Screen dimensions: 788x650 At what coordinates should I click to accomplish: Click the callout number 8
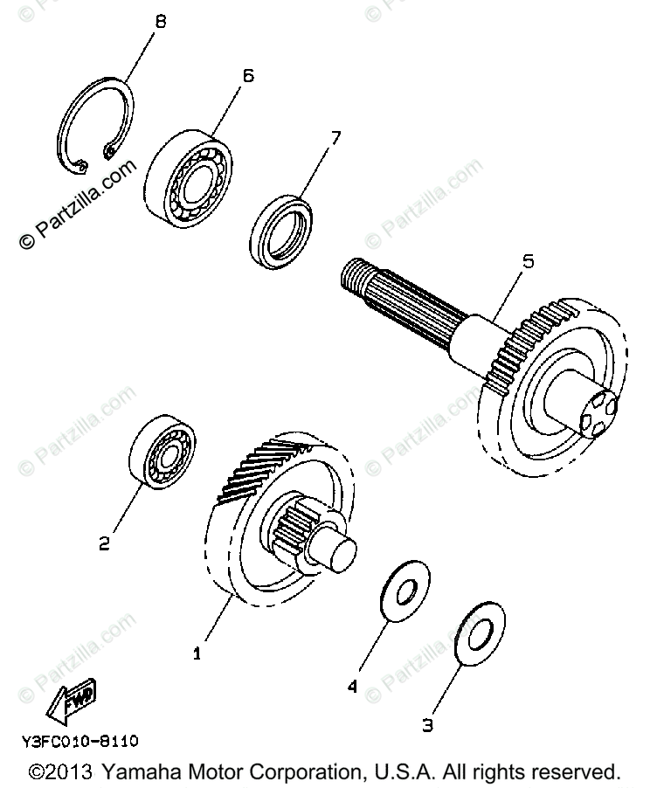[x=158, y=22]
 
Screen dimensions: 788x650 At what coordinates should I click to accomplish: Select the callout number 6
[x=247, y=75]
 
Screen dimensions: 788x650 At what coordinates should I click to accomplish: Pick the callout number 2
[x=105, y=544]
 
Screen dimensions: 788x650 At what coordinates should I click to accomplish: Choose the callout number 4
[x=352, y=688]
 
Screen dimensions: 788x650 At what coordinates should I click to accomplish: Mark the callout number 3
[x=427, y=723]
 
